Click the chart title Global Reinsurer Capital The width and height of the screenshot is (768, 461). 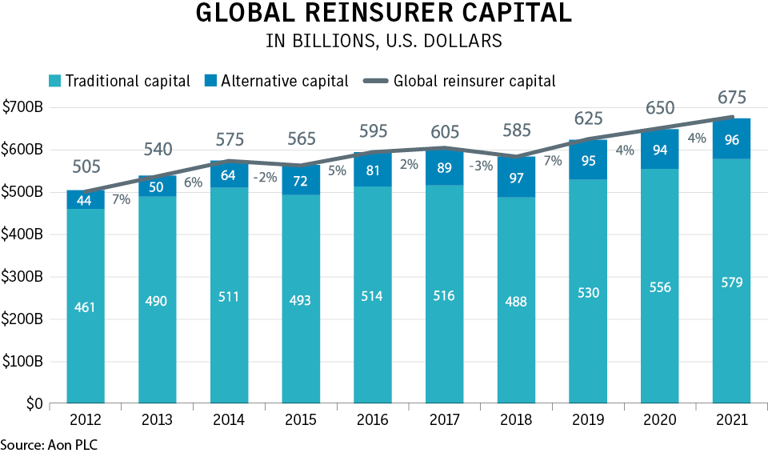click(384, 14)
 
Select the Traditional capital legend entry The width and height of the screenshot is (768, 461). click(120, 81)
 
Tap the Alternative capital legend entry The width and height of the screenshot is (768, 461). click(276, 81)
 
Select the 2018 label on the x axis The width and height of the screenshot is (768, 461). click(516, 420)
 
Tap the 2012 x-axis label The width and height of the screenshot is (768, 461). click(86, 420)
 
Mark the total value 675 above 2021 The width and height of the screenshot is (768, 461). click(731, 98)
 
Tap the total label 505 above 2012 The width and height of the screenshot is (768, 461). click(86, 166)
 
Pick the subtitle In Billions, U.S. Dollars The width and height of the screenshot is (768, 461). click(384, 42)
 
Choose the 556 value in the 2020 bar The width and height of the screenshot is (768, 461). click(659, 287)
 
